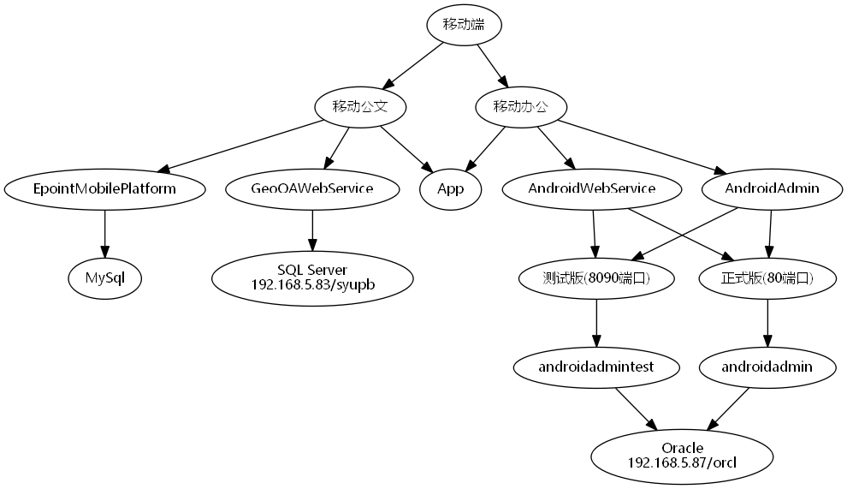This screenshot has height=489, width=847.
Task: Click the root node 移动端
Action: click(464, 25)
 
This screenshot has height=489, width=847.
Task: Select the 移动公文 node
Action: click(358, 107)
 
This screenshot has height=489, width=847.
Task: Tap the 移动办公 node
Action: click(518, 107)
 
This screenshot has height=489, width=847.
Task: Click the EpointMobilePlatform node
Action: click(104, 189)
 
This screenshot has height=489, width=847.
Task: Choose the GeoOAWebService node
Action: click(312, 189)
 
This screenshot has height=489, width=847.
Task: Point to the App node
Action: click(450, 189)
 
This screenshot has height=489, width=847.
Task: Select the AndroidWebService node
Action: click(592, 189)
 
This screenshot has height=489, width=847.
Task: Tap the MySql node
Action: click(104, 277)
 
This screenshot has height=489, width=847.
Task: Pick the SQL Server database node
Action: click(312, 271)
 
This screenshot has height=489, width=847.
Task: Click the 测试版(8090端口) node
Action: click(596, 277)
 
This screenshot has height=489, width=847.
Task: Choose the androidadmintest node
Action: click(596, 367)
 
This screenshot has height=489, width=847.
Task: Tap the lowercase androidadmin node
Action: click(767, 367)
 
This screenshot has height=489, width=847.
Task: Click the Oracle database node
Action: click(683, 448)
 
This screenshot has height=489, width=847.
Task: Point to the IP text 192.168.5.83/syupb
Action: click(312, 284)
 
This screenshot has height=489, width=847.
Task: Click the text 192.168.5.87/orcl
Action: click(683, 462)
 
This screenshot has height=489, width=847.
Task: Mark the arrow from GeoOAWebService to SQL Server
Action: click(312, 230)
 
